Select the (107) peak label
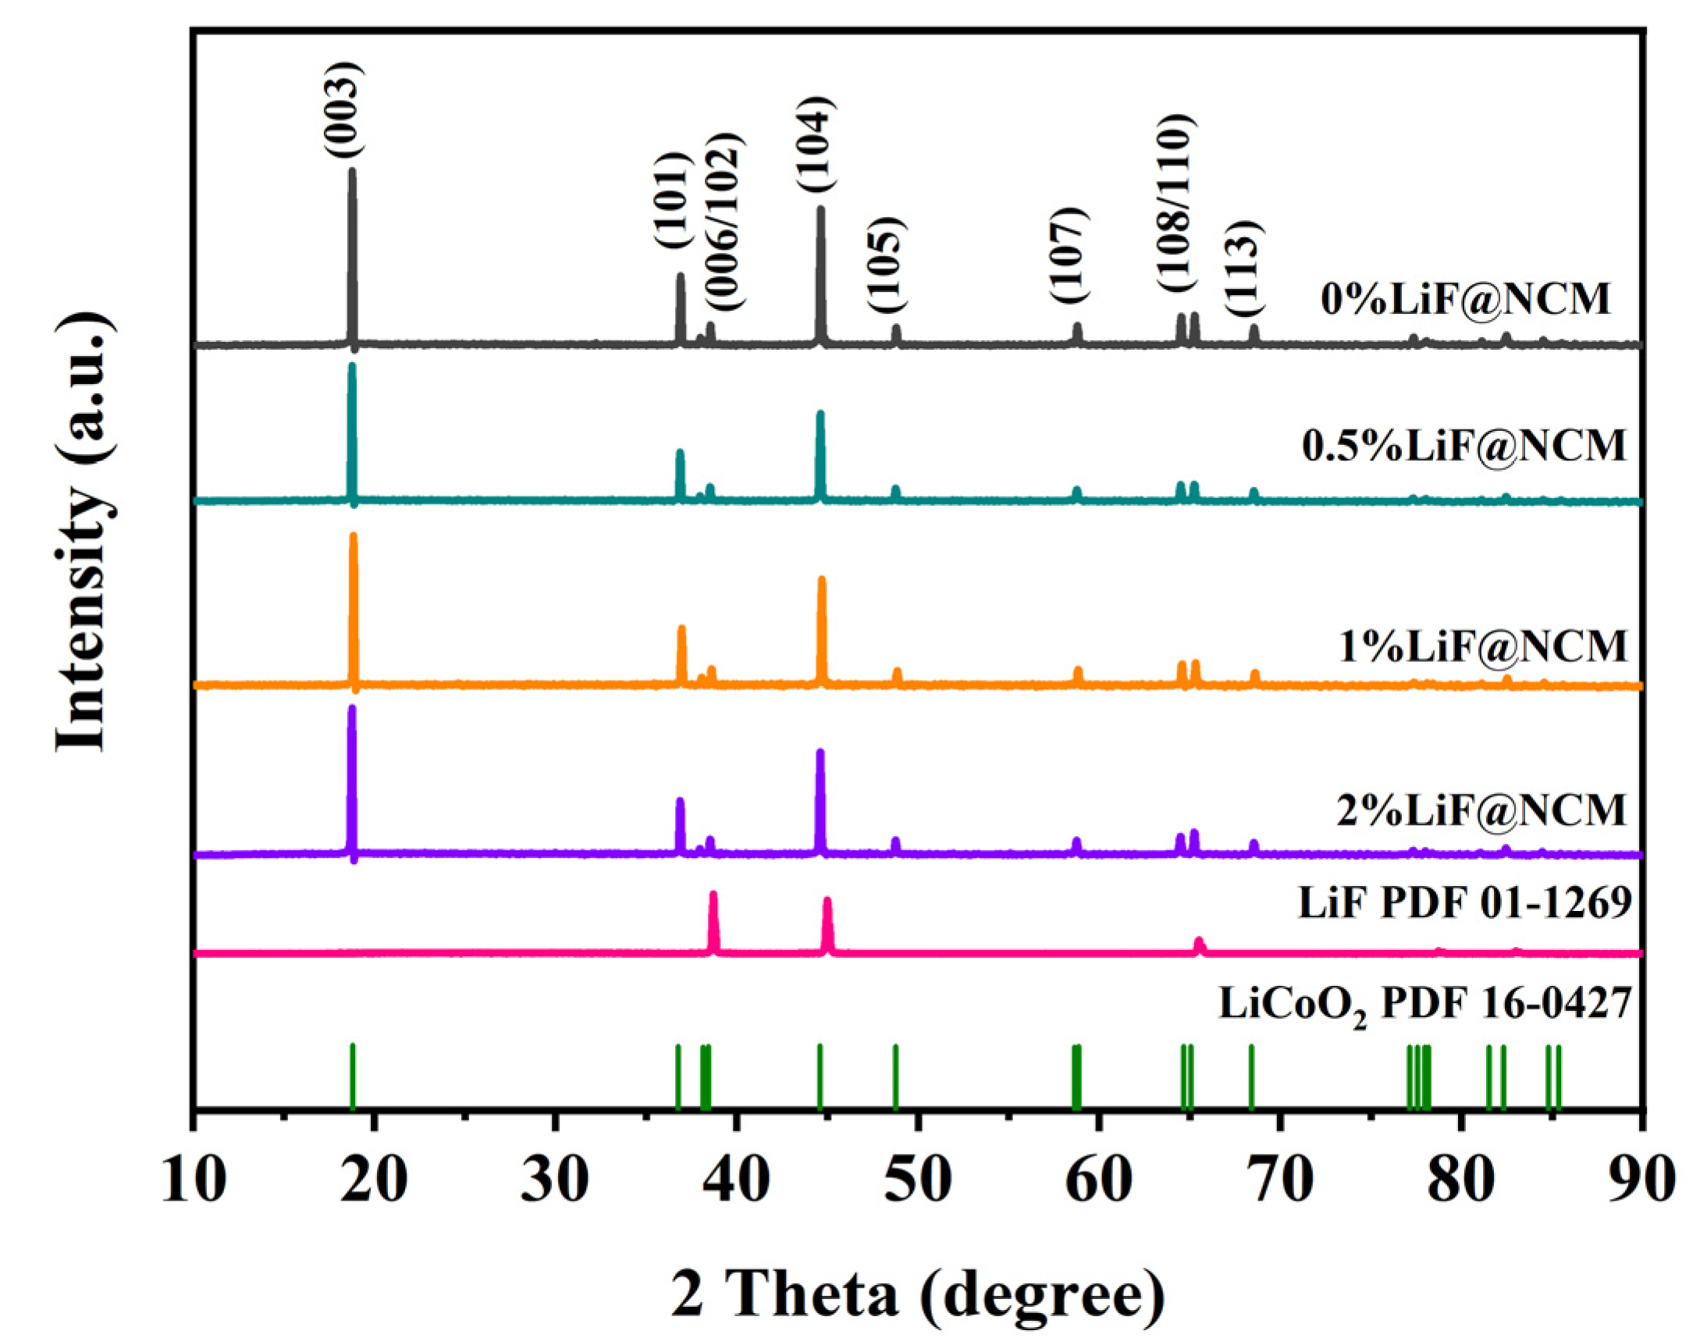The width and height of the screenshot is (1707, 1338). [1069, 255]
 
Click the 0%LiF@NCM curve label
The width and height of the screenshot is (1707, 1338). [1465, 299]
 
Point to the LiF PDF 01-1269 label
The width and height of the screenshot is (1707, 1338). [1464, 903]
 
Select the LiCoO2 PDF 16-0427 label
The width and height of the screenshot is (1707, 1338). [1424, 1005]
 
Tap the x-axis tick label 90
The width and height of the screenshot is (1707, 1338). [1641, 1181]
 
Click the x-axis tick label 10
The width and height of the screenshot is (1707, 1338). [194, 1181]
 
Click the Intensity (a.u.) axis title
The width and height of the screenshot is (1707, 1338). [81, 532]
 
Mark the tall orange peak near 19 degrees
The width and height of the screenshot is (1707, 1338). [354, 596]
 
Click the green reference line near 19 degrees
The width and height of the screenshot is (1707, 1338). [353, 1076]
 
